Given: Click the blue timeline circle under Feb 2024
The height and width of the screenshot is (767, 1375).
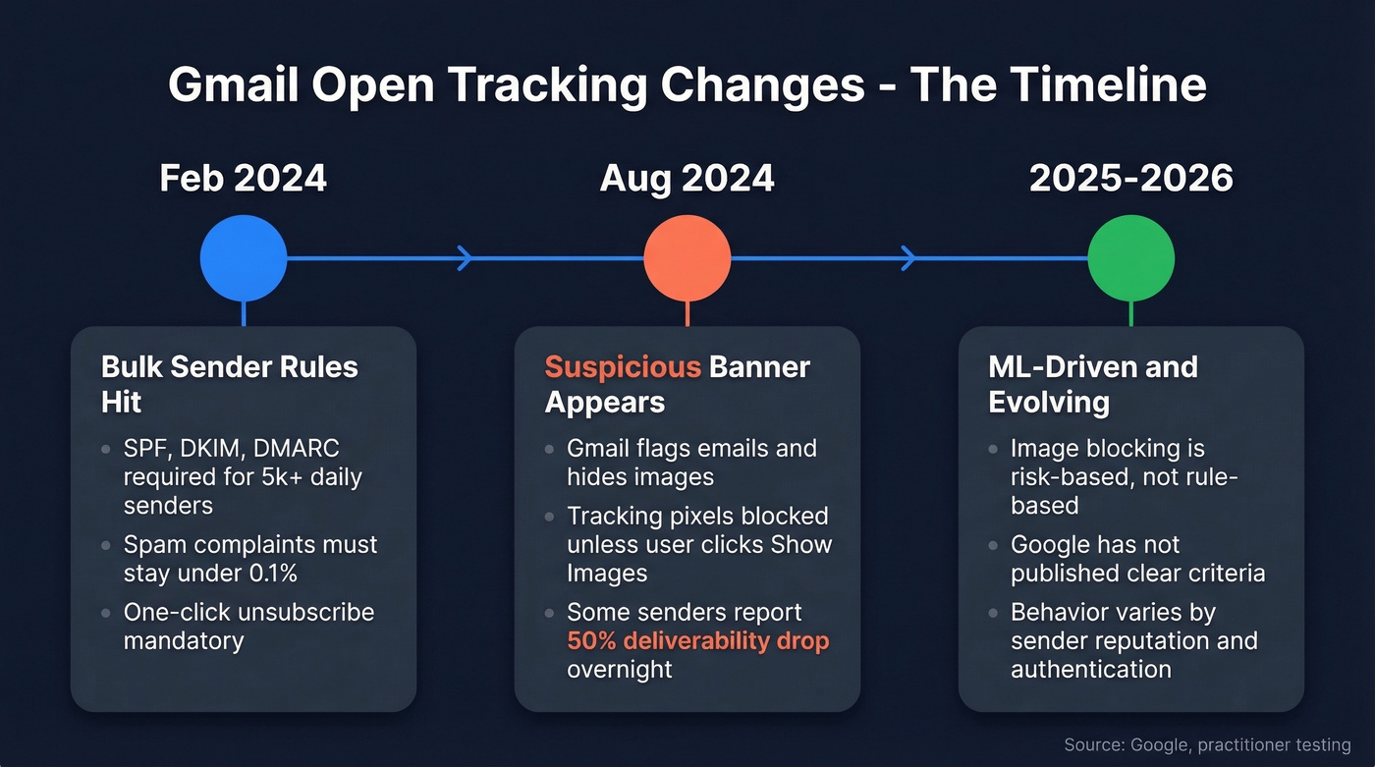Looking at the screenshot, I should [244, 258].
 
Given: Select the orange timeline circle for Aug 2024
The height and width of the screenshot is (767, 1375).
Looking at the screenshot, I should [687, 258].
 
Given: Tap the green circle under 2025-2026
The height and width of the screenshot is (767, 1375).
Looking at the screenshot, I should [1131, 258].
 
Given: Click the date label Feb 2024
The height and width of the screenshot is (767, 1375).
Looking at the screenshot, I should [244, 179].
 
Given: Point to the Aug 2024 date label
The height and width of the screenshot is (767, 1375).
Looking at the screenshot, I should [687, 179].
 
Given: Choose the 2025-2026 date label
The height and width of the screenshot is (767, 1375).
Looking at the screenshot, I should [1131, 179].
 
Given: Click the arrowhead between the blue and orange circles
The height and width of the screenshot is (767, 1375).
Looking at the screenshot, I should [466, 258].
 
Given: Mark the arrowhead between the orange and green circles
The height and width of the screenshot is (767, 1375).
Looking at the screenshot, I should [908, 258].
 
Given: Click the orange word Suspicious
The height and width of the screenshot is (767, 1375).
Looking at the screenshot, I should [623, 367].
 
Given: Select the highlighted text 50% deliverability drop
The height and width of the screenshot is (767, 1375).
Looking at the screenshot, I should [698, 641].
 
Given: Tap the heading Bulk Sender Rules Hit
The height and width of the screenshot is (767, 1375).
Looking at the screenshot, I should [230, 384].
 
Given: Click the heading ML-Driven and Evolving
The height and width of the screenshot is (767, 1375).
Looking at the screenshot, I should [1093, 384].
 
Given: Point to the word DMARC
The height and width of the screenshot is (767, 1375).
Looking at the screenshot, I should [297, 449].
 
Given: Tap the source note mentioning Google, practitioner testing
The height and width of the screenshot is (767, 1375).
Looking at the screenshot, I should [1207, 745].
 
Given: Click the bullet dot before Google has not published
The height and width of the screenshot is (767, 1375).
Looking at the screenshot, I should [994, 546].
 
